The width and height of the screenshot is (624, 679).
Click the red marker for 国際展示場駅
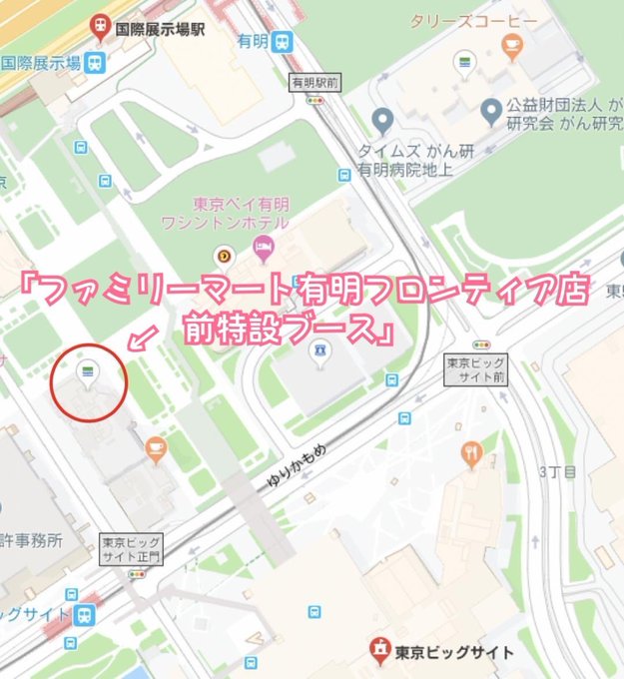coord(100,25)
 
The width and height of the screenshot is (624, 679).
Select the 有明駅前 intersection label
coord(314,82)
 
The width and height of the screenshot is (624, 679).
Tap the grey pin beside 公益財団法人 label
coord(490,109)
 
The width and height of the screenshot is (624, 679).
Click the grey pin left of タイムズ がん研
coord(380,121)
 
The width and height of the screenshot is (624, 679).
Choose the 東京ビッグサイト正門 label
coord(131,548)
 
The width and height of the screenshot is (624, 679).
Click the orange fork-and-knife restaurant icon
coord(471,454)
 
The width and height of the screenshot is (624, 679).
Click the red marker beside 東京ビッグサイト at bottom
coord(378,650)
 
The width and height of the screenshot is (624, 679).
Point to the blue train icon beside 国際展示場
coord(96,62)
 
